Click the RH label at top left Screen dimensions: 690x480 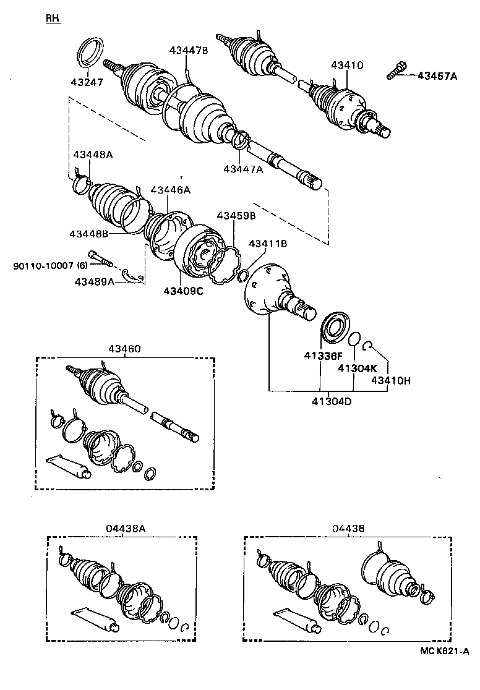[x=53, y=19]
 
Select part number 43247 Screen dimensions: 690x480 [x=87, y=82]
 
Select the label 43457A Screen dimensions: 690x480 [x=437, y=76]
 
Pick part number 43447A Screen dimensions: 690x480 [x=243, y=169]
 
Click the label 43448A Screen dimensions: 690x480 [x=93, y=155]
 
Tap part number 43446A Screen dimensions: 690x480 [x=170, y=190]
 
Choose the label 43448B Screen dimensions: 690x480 [x=89, y=234]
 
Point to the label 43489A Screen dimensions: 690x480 [x=95, y=281]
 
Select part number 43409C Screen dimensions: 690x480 [x=183, y=291]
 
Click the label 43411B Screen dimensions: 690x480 [x=267, y=244]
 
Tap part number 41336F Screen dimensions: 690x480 [x=322, y=356]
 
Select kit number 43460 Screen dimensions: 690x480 [x=124, y=349]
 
